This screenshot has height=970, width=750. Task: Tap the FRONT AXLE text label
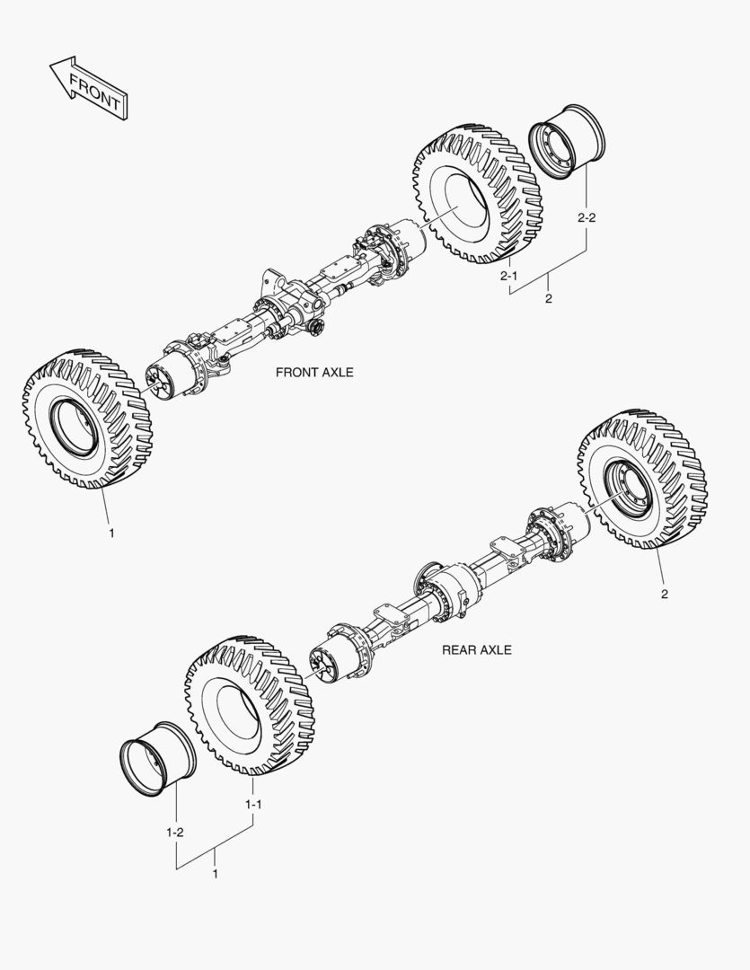click(314, 372)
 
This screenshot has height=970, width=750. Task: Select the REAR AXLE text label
click(476, 649)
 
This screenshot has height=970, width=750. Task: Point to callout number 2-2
click(587, 217)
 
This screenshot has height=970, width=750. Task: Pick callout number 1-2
click(175, 833)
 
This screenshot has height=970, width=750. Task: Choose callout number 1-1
click(253, 805)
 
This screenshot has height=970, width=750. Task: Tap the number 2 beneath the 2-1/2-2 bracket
click(548, 299)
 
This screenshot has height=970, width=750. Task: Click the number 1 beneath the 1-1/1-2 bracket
click(215, 873)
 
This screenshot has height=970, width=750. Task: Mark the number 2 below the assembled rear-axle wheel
click(664, 594)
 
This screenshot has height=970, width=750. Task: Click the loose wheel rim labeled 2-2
click(568, 146)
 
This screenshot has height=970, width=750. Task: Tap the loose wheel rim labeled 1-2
click(157, 758)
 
